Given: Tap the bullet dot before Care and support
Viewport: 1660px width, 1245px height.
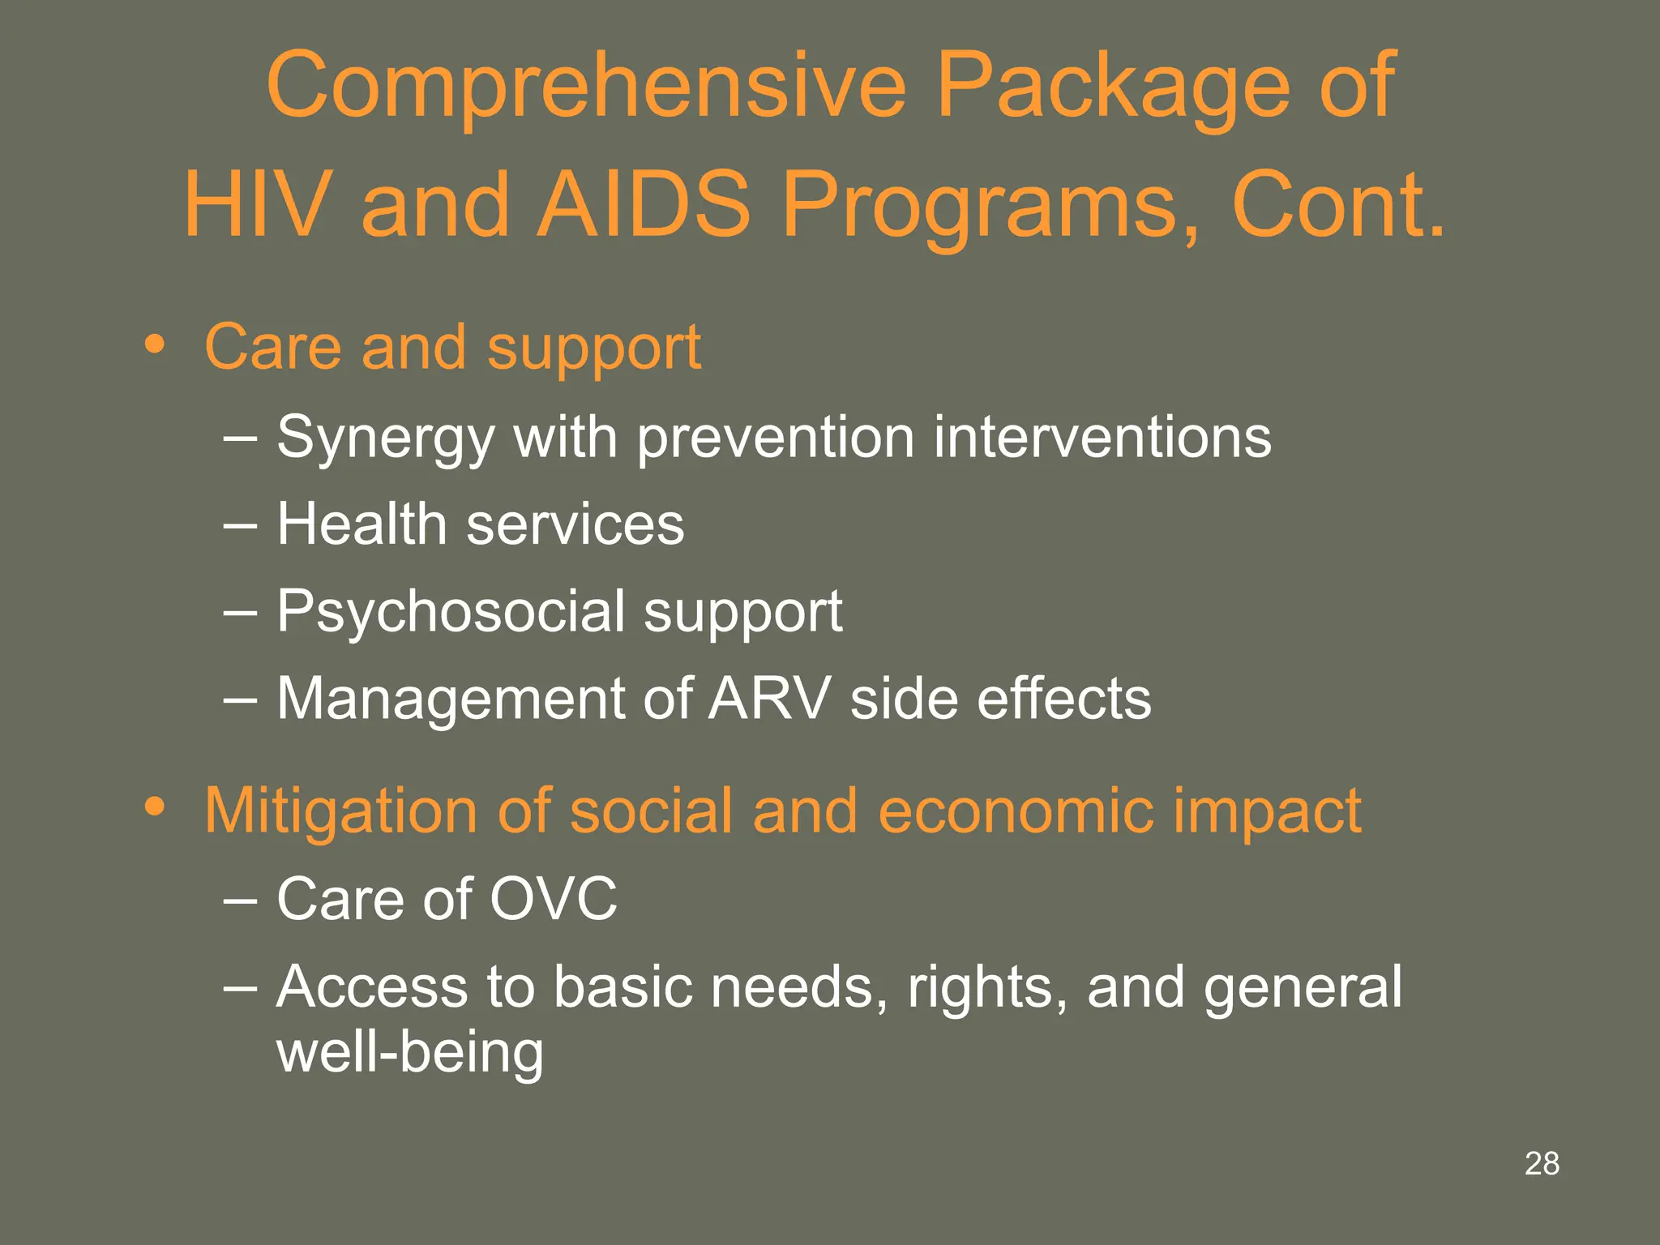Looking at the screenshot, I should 154,345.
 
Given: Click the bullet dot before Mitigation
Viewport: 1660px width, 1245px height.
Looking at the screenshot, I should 154,807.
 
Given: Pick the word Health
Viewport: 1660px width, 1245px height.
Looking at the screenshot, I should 362,524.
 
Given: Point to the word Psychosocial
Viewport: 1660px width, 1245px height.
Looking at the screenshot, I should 450,613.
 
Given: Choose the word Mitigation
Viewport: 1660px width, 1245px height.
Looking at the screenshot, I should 340,811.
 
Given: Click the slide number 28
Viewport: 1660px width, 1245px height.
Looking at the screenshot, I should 1542,1164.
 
